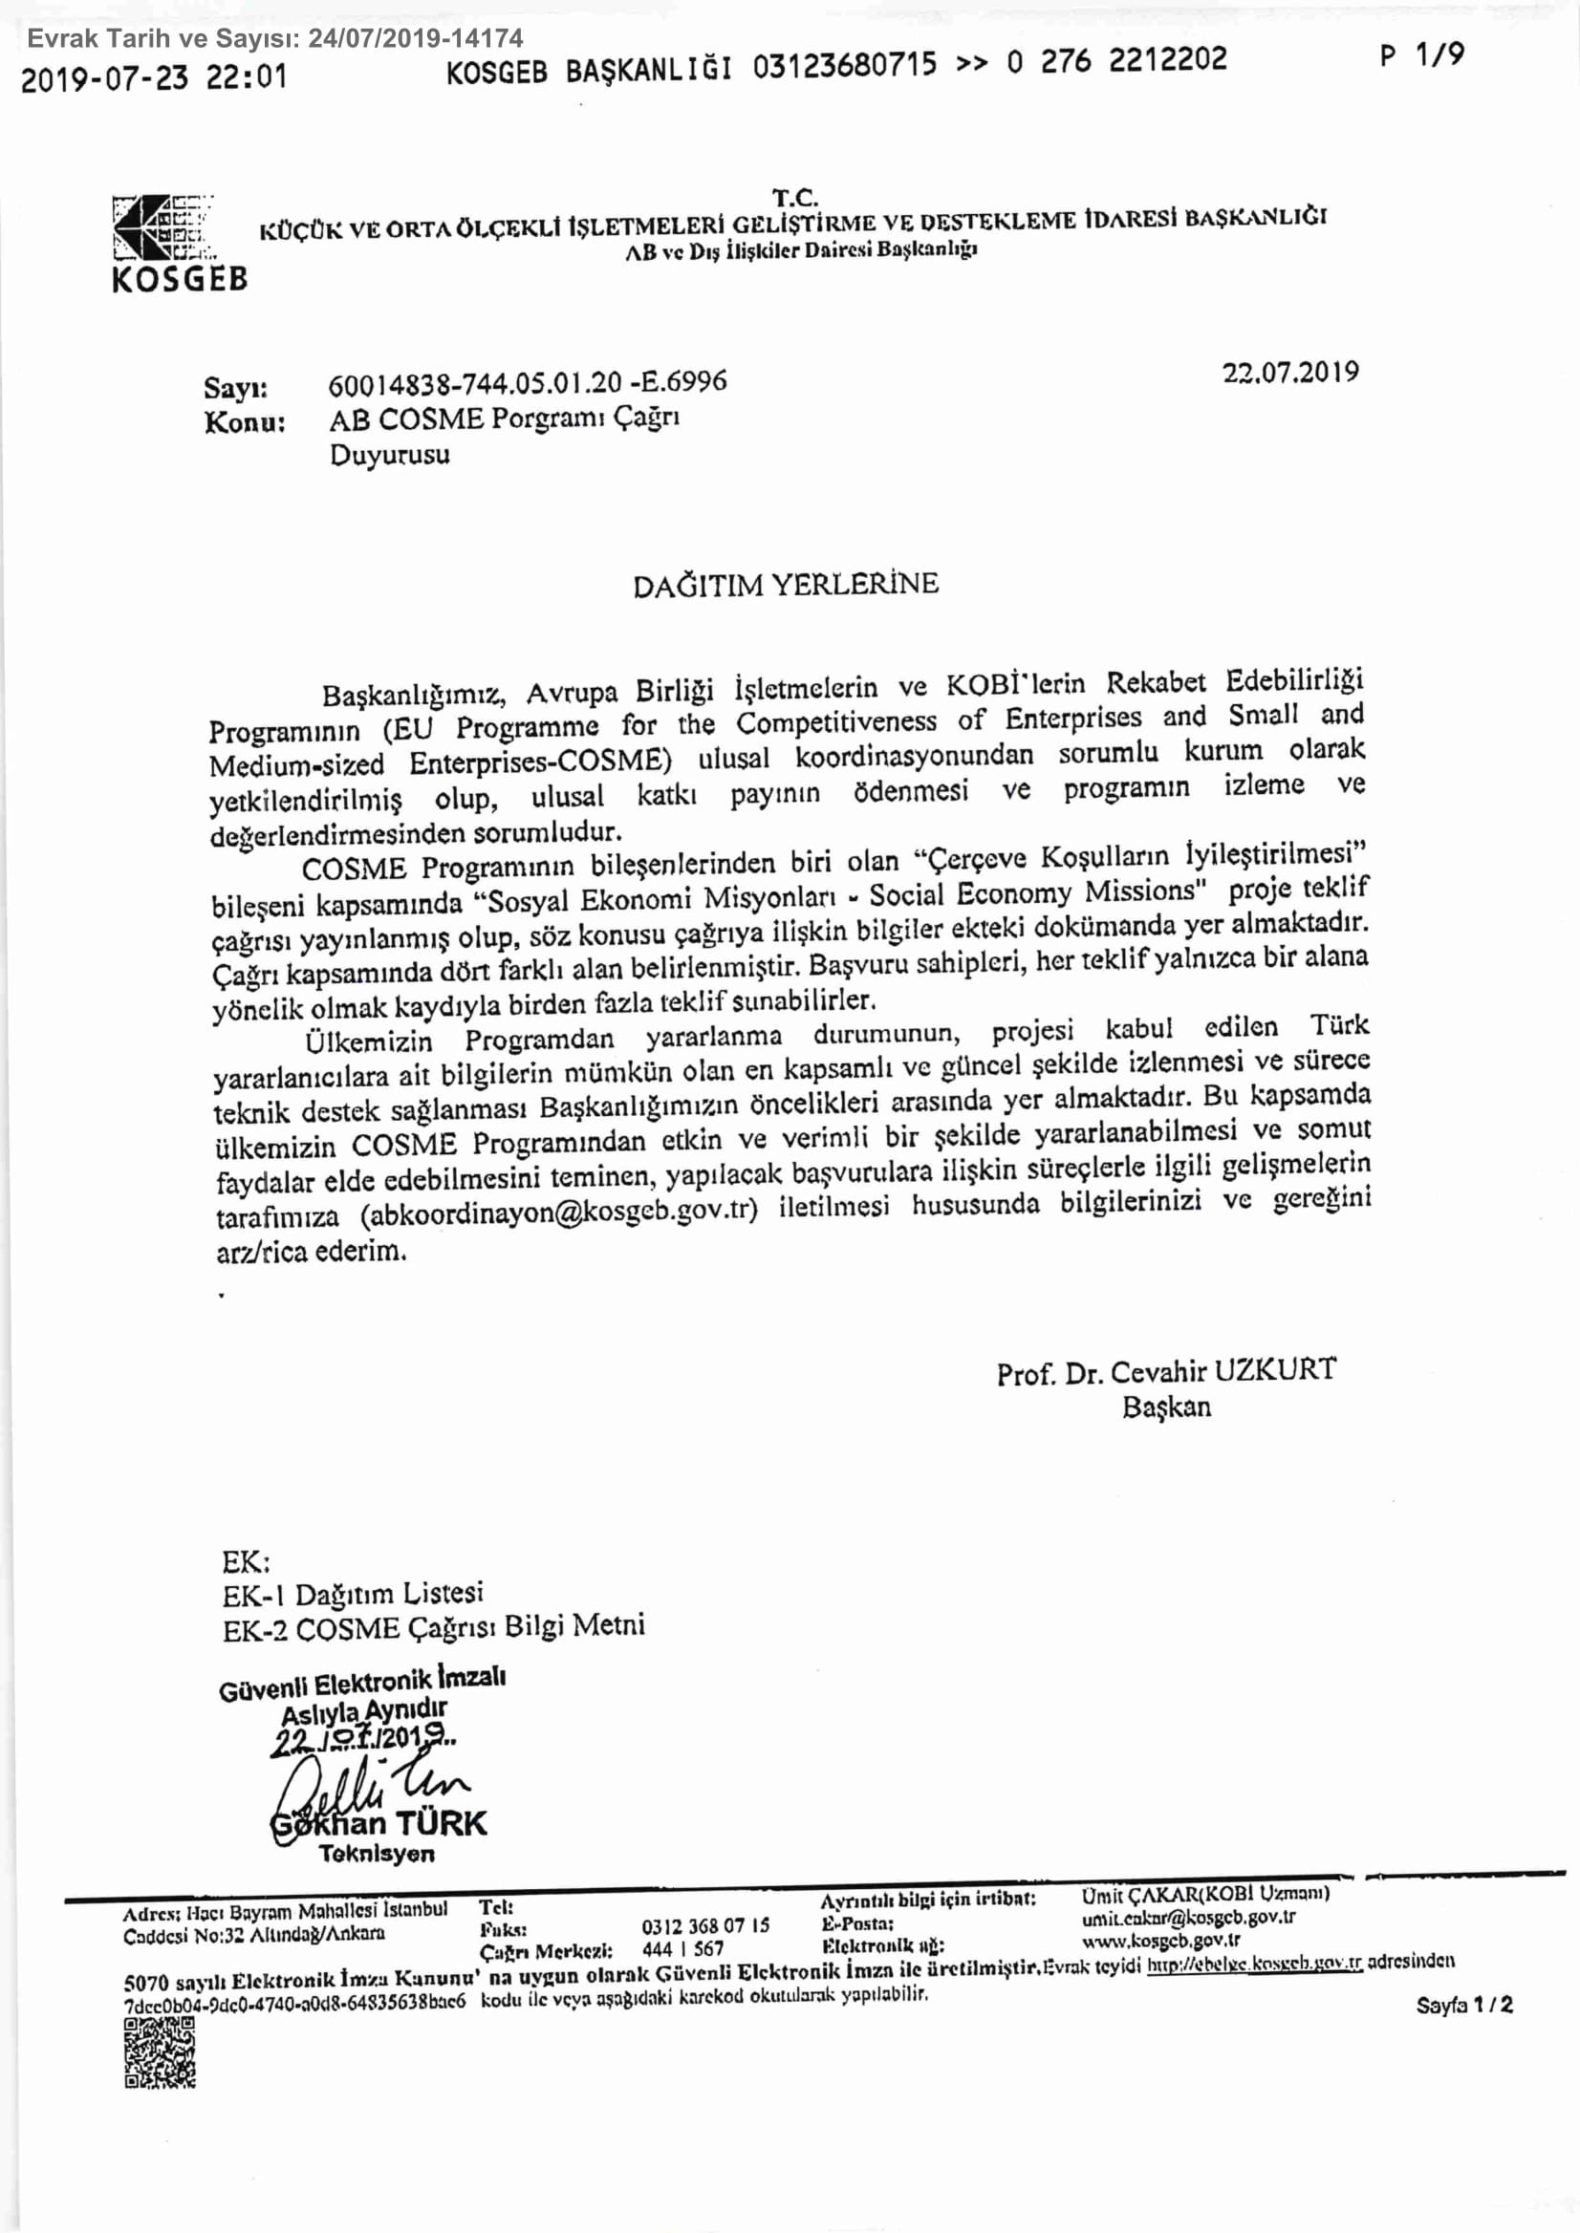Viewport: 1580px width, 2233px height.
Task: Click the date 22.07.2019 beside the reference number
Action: pyautogui.click(x=1290, y=373)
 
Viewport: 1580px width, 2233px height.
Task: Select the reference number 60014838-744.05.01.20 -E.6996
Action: pyautogui.click(x=528, y=383)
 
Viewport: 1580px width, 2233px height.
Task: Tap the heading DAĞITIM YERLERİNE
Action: pyautogui.click(x=785, y=585)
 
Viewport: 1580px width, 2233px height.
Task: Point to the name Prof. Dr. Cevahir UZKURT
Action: pyautogui.click(x=1165, y=1371)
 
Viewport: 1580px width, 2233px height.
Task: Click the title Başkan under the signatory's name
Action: pyautogui.click(x=1165, y=1407)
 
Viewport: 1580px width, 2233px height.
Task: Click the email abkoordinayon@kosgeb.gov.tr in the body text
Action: pyautogui.click(x=558, y=1213)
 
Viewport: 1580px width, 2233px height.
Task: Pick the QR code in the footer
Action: pyautogui.click(x=161, y=2053)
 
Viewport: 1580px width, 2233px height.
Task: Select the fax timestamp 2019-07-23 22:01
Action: pyautogui.click(x=154, y=76)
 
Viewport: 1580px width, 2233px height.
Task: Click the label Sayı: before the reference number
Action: pyautogui.click(x=235, y=388)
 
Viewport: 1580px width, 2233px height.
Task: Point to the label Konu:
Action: pyautogui.click(x=244, y=423)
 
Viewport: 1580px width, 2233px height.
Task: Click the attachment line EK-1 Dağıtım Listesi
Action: pyautogui.click(x=352, y=1594)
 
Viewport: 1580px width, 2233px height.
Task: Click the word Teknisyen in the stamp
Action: pyautogui.click(x=377, y=1854)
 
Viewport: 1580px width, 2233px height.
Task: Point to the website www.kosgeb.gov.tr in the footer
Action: pyautogui.click(x=1159, y=1941)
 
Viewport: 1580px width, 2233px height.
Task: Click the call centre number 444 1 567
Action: pyautogui.click(x=683, y=1948)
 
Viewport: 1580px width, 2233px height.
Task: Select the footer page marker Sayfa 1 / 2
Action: pyautogui.click(x=1464, y=2004)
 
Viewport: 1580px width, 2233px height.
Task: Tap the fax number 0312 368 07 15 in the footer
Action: pyautogui.click(x=704, y=1925)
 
